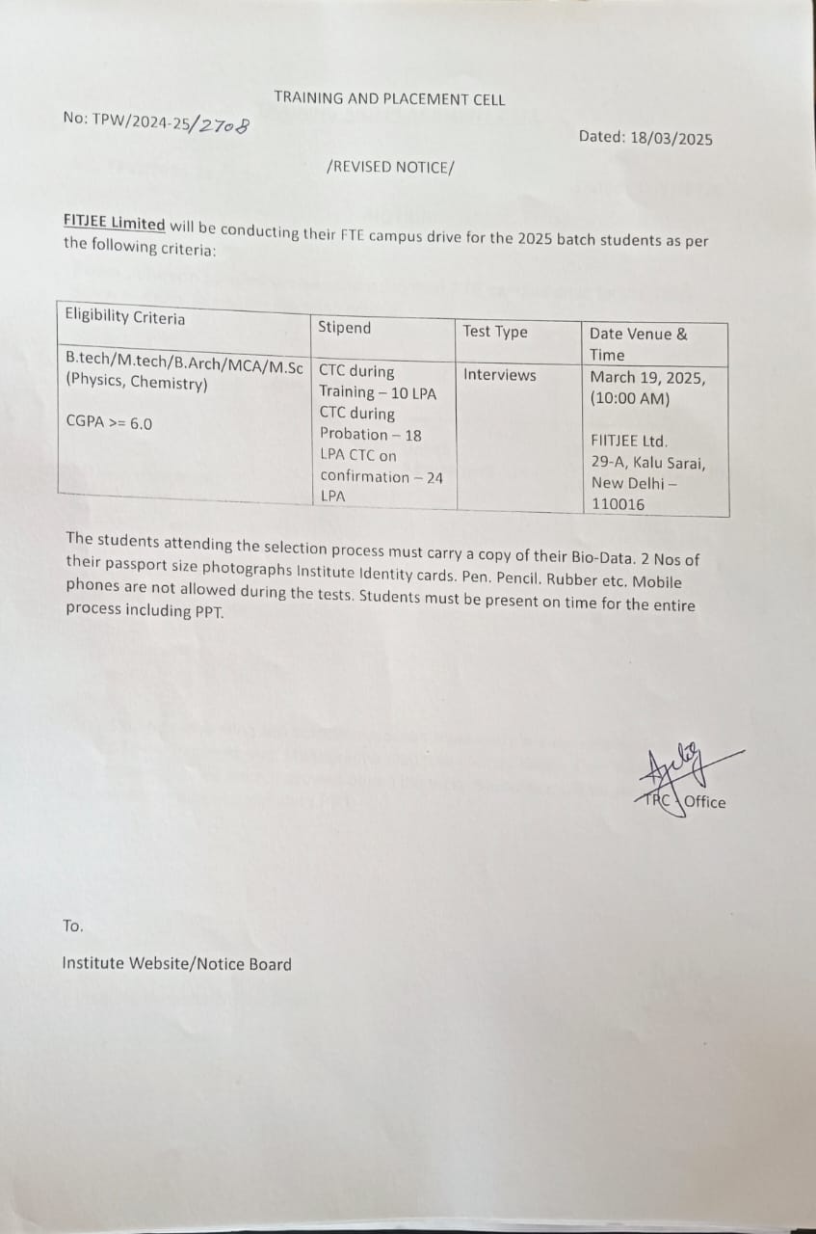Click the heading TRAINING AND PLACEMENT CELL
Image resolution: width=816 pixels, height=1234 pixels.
point(389,98)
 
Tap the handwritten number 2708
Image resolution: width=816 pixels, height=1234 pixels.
point(223,126)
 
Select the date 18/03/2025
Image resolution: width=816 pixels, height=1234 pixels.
point(671,139)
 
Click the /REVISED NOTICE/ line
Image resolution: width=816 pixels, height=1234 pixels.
point(389,167)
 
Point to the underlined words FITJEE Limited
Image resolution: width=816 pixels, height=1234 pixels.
point(114,223)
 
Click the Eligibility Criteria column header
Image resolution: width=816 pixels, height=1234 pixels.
point(124,317)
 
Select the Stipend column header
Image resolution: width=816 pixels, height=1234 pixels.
point(344,328)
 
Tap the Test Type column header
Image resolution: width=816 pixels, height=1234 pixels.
point(495,332)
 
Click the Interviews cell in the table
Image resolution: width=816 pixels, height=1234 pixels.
point(499,375)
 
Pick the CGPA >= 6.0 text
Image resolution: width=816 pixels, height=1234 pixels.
point(109,422)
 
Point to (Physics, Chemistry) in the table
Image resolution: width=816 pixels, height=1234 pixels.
point(136,383)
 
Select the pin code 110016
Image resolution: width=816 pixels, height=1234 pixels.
point(619,504)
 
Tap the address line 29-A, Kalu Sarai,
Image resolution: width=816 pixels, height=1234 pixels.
point(647,463)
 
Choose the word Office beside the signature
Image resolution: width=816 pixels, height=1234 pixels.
point(705,802)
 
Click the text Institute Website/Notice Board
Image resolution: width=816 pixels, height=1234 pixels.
point(176,963)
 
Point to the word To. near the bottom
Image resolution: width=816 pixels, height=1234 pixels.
point(73,926)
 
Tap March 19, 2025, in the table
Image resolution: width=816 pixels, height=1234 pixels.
point(646,378)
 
